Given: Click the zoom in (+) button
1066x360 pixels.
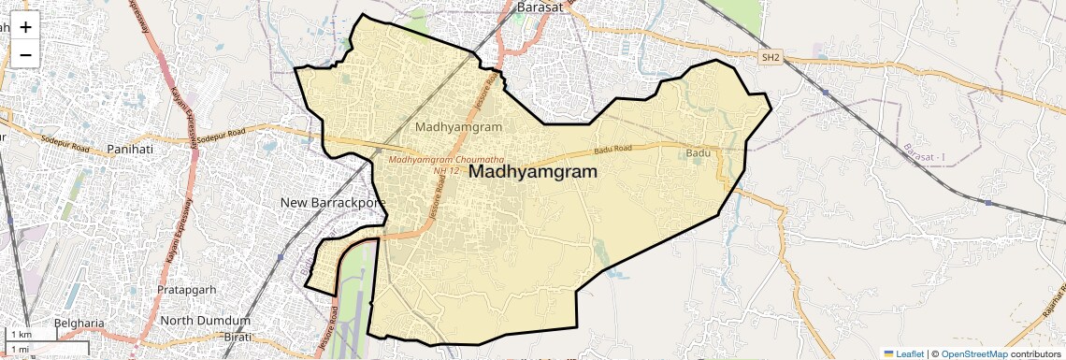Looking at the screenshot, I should tap(25, 27).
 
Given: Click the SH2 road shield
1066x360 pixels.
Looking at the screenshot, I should tap(771, 58).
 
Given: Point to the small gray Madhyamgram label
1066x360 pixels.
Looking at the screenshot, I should tap(458, 126).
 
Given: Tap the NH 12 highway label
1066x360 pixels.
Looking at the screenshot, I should tap(447, 170).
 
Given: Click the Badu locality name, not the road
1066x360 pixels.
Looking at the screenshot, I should tap(699, 152).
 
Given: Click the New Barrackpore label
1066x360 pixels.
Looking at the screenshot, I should tap(333, 202).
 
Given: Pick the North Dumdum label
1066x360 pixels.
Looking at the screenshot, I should tap(206, 321).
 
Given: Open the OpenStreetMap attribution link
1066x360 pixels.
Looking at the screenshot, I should tap(973, 353).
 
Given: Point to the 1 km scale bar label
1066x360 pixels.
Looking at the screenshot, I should tap(21, 335).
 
